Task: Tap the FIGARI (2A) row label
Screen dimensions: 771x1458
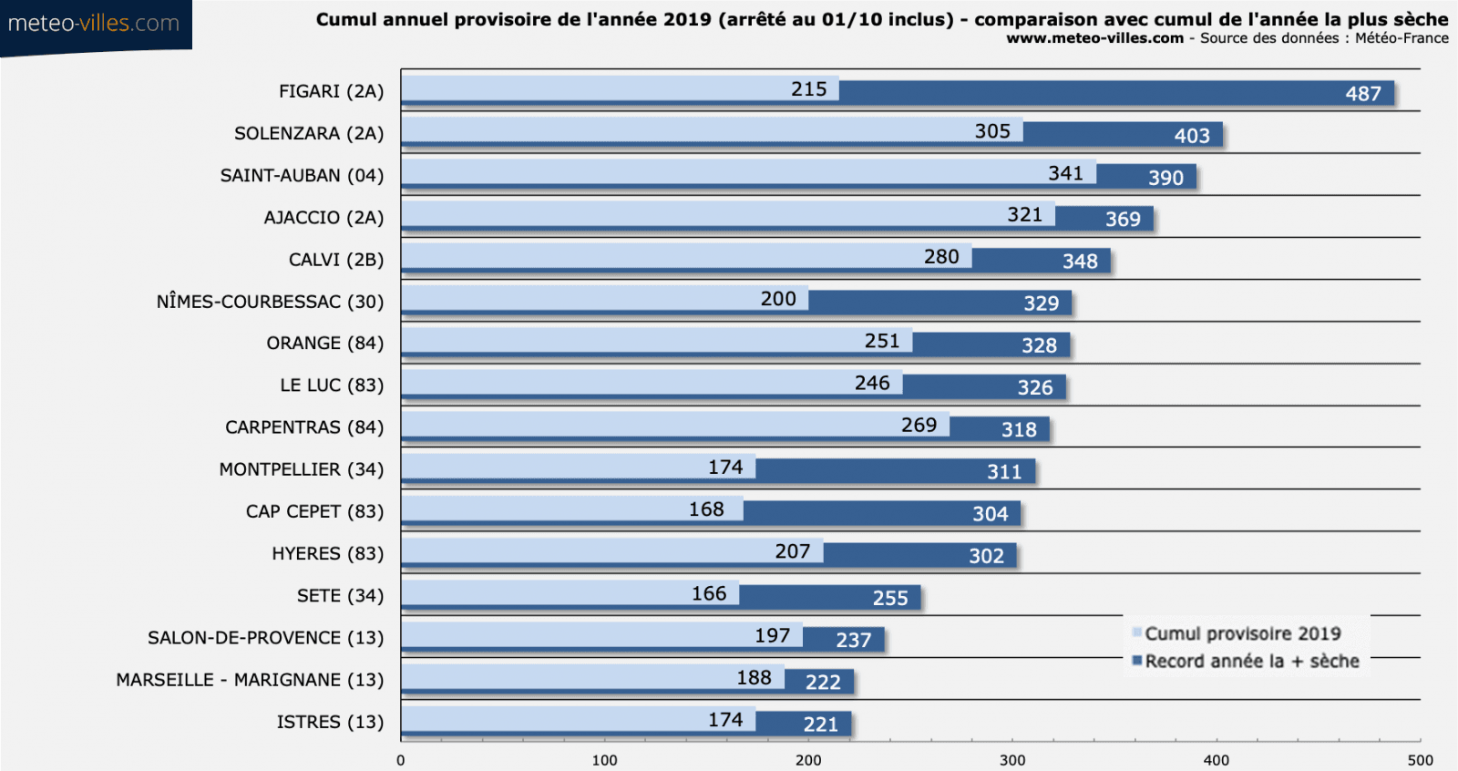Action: (x=331, y=91)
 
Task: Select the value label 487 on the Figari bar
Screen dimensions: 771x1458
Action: (x=1362, y=94)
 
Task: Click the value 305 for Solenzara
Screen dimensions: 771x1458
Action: (x=991, y=131)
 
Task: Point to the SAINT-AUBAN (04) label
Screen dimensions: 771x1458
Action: (x=302, y=175)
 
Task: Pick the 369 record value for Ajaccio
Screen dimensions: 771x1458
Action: (x=1122, y=220)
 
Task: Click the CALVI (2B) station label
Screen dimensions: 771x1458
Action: (x=335, y=260)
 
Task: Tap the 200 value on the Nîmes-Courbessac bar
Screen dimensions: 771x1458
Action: (x=778, y=299)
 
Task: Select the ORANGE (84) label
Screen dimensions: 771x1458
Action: (x=324, y=344)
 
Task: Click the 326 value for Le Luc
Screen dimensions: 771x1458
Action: (x=1034, y=388)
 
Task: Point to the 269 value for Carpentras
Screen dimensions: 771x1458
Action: (x=919, y=426)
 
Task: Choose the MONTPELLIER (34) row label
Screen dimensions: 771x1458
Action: (x=301, y=469)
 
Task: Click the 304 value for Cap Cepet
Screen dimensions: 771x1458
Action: (x=990, y=514)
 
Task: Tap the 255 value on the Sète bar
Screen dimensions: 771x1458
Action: (x=889, y=599)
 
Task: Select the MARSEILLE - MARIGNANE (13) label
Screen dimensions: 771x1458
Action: (x=250, y=680)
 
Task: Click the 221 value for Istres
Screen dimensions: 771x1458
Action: (x=820, y=725)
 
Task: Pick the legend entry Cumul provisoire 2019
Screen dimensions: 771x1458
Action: (x=1242, y=633)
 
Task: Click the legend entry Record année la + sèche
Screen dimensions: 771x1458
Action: (x=1251, y=662)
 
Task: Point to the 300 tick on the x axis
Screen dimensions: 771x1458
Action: (x=1011, y=760)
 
